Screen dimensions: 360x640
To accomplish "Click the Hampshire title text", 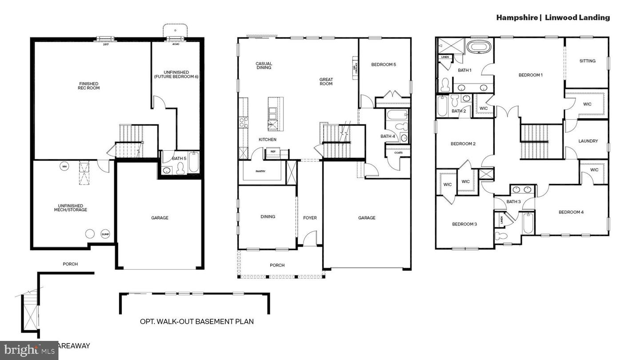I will coord(516,17).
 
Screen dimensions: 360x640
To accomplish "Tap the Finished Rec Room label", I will coord(89,86).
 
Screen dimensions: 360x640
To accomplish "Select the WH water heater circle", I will coord(64,167).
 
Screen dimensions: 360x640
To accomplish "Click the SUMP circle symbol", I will coord(105,234).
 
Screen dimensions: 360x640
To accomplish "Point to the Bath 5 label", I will coord(179,158).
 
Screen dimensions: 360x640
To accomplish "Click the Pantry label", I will coord(260,171).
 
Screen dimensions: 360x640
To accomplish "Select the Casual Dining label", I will coord(264,66).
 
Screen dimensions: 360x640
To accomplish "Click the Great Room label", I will coord(326,82).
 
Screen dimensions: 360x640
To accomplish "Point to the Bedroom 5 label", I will coord(383,64).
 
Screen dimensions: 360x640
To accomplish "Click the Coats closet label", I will coord(398,153).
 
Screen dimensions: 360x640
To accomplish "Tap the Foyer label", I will coord(310,218).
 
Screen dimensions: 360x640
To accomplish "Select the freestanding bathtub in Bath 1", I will coord(479,47).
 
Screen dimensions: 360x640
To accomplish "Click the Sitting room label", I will coord(587,61).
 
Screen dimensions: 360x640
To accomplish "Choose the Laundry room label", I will coord(588,141).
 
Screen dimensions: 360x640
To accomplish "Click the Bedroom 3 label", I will coord(464,224).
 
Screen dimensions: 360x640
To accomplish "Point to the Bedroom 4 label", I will coord(571,212).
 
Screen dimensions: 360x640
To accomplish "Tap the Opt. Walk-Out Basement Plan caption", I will coord(197,321).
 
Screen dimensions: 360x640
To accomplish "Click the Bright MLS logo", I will coord(29,351).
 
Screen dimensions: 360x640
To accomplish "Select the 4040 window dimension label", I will coord(175,44).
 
